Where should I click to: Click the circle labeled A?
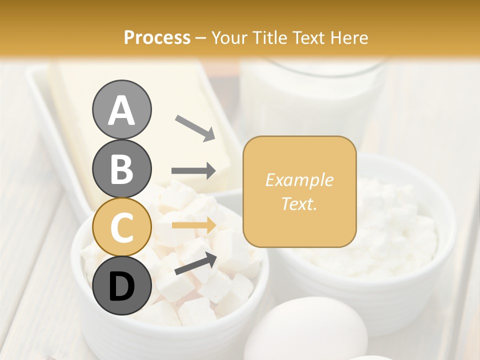tap(121, 109)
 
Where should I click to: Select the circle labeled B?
tap(121, 168)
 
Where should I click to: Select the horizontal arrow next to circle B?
tap(193, 171)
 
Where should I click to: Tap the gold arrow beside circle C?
tap(193, 225)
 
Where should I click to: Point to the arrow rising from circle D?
tap(195, 263)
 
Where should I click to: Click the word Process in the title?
tap(157, 38)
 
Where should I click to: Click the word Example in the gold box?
tap(299, 180)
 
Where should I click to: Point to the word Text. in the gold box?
tap(299, 204)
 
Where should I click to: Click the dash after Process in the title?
tap(201, 38)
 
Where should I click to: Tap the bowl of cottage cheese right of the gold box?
tap(400, 235)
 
